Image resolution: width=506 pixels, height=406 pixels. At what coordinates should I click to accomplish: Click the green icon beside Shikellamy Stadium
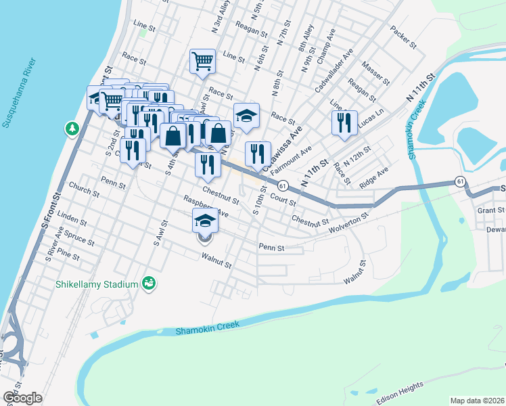pyautogui.click(x=148, y=284)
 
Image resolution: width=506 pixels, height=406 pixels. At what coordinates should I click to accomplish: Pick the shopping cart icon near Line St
pyautogui.click(x=202, y=62)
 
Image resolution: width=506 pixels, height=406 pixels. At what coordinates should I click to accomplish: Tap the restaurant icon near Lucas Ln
pyautogui.click(x=344, y=123)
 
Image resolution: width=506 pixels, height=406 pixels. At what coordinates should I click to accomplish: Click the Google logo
pyautogui.click(x=22, y=397)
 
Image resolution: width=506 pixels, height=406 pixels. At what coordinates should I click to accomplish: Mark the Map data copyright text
pyautogui.click(x=478, y=400)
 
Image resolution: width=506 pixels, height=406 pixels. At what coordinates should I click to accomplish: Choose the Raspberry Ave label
pyautogui.click(x=206, y=206)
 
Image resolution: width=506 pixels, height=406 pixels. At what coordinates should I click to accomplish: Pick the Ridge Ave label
pyautogui.click(x=373, y=177)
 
